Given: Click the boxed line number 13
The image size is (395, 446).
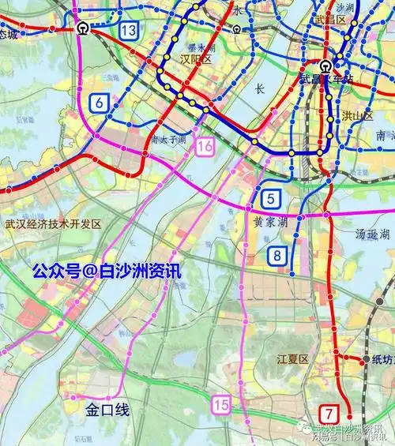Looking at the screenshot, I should [130, 29].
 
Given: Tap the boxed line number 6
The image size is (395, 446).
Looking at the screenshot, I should [100, 103].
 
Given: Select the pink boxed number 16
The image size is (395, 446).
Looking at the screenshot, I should [205, 146].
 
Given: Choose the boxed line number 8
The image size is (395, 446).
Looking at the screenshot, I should [277, 255].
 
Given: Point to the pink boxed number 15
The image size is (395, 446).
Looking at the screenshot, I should [222, 405].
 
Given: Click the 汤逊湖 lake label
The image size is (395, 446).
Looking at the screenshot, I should [372, 234].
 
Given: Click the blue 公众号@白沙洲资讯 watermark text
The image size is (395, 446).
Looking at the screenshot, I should [106, 271].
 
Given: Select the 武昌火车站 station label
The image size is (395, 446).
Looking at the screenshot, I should [325, 77].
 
